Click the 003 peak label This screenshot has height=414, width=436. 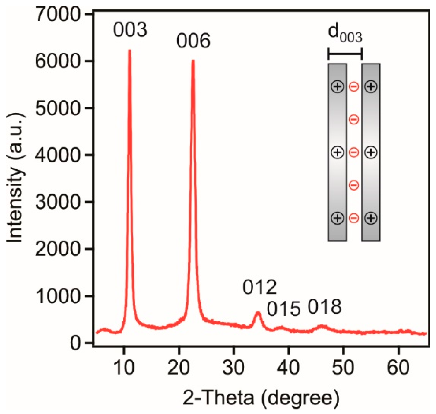click(x=130, y=30)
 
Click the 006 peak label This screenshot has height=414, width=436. click(x=193, y=41)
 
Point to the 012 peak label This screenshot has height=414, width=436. click(x=259, y=287)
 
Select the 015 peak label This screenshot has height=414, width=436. click(x=284, y=309)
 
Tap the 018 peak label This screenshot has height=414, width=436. click(x=324, y=307)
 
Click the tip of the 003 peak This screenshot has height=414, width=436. click(x=129, y=50)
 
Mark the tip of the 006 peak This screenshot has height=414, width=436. click(x=193, y=61)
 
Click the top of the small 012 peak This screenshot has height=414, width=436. click(x=258, y=312)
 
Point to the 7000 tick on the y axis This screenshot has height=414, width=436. click(x=89, y=14)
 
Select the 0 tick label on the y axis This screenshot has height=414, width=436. click(x=75, y=343)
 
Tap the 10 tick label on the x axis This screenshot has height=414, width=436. click(x=124, y=368)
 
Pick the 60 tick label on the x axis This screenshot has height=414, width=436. click(x=398, y=368)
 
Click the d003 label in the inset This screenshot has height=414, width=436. click(x=345, y=33)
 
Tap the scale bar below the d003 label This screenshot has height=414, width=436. click(x=345, y=53)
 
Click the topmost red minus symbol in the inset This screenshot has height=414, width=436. click(x=354, y=87)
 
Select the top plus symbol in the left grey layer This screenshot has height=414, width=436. click(x=338, y=86)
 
